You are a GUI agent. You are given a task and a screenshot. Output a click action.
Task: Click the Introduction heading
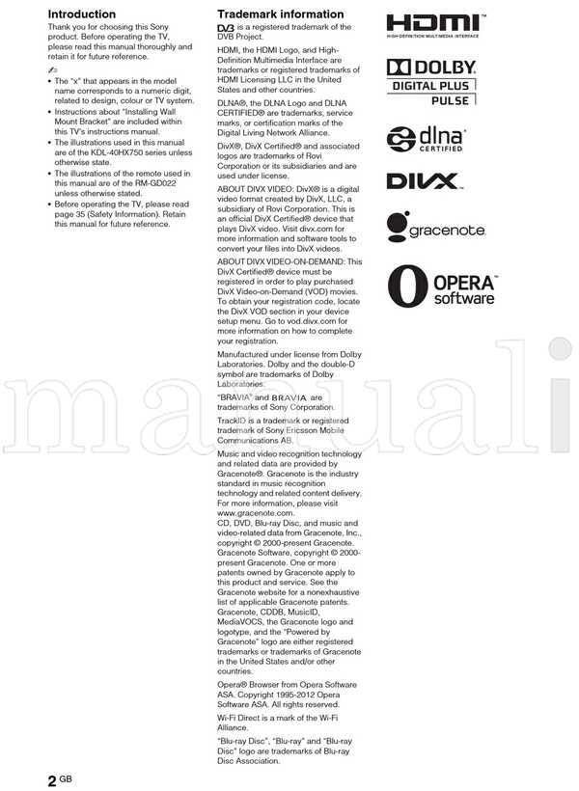pyautogui.click(x=82, y=14)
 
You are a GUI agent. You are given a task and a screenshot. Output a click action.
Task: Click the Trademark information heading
pyautogui.click(x=280, y=14)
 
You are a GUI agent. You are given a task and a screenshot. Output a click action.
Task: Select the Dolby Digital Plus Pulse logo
pyautogui.click(x=431, y=83)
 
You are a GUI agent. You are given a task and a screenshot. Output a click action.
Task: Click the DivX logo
pyautogui.click(x=424, y=180)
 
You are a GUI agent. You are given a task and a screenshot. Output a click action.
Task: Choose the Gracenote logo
pyautogui.click(x=435, y=228)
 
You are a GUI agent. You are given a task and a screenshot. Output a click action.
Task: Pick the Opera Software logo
pyautogui.click(x=441, y=286)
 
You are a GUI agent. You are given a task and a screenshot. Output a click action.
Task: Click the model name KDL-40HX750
pyautogui.click(x=106, y=152)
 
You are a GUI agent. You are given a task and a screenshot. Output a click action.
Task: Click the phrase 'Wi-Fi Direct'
pyautogui.click(x=243, y=719)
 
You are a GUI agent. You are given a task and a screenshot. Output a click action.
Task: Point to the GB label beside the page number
pyautogui.click(x=66, y=777)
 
